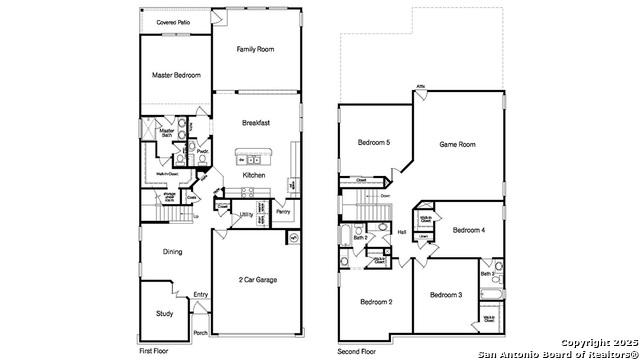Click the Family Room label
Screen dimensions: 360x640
(255, 49)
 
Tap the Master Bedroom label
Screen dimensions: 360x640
(176, 76)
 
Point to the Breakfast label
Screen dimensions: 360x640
(256, 123)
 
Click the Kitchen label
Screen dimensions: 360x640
(254, 176)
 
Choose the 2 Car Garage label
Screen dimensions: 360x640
(258, 280)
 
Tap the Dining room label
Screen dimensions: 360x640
(172, 252)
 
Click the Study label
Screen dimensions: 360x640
(164, 314)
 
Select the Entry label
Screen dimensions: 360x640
(201, 294)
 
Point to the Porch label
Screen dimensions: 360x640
(200, 333)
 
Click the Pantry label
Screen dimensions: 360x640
(283, 212)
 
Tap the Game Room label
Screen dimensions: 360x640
(458, 145)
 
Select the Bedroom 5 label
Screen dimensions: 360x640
(374, 143)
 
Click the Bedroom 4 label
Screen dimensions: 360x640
(468, 230)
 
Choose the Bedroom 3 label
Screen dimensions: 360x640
(446, 295)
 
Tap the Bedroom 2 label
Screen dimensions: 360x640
(375, 302)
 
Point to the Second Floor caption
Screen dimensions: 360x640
(358, 352)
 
